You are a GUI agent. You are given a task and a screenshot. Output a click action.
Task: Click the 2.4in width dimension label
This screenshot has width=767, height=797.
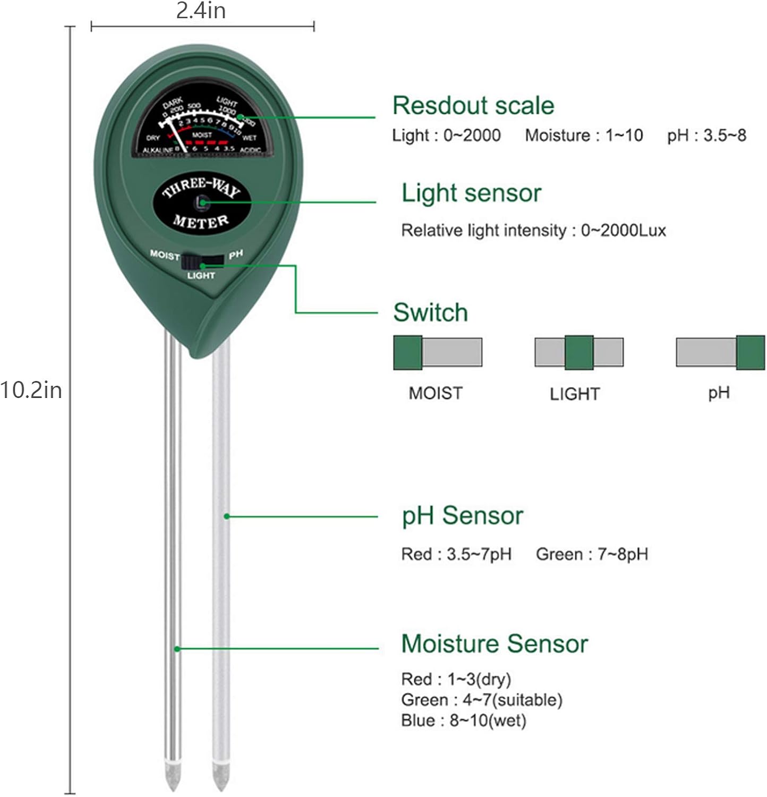tap(201, 11)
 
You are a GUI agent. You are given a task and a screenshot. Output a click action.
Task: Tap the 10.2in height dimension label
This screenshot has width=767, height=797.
tap(31, 391)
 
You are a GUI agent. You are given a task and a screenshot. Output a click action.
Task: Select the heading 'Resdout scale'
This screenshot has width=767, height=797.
tap(473, 105)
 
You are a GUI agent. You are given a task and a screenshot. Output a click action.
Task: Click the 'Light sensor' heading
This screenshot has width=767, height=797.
tap(471, 193)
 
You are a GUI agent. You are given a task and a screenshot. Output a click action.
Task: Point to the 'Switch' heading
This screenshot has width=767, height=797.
tap(430, 312)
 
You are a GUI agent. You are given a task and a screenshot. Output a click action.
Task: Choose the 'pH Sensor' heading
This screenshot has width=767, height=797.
tap(462, 516)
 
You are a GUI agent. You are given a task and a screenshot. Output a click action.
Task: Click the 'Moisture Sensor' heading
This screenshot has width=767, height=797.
tap(494, 643)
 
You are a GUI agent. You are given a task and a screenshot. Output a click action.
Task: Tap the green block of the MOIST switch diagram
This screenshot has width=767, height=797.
tap(408, 352)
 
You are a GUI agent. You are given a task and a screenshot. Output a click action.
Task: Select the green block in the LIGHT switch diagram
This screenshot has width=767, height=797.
tap(578, 352)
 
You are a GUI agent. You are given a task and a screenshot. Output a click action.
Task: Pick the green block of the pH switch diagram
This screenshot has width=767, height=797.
tap(750, 352)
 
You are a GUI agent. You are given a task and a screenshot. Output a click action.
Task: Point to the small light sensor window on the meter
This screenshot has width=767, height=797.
tap(201, 202)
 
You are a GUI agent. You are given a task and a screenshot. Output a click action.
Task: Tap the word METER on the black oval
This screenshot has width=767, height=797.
tap(201, 221)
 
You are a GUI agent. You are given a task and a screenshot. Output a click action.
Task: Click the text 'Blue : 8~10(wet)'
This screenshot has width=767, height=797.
tap(463, 721)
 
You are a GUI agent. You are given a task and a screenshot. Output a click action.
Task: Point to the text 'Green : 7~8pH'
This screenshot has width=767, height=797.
tap(592, 554)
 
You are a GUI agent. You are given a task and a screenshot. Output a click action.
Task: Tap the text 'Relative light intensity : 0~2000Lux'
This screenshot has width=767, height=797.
tap(533, 231)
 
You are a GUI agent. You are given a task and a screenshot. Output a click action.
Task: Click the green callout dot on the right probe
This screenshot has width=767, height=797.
tap(226, 516)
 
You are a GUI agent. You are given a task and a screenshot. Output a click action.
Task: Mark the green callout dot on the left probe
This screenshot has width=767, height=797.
tap(177, 649)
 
